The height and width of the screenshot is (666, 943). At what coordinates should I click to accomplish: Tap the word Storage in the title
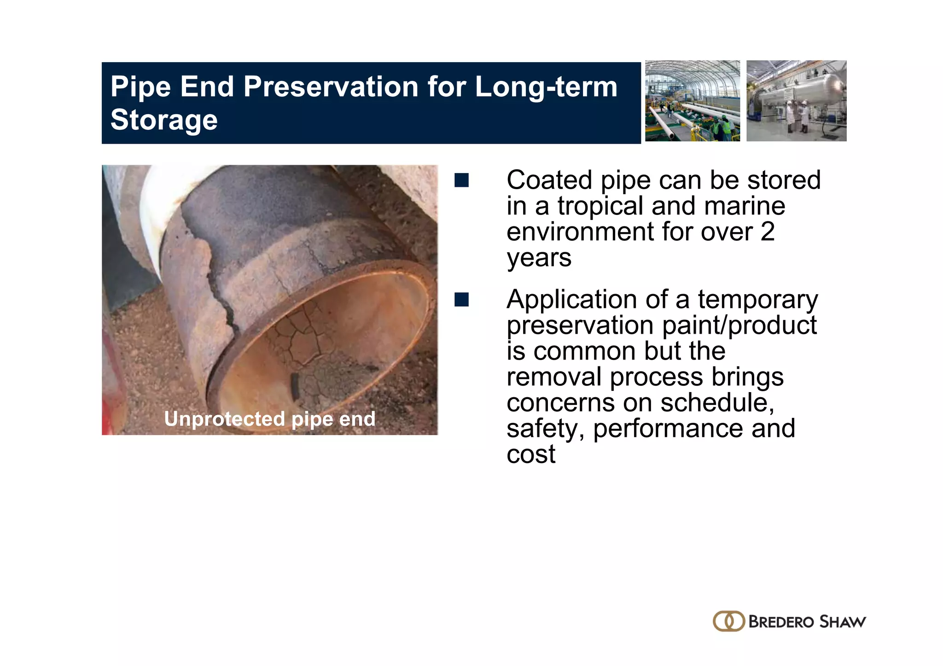[164, 120]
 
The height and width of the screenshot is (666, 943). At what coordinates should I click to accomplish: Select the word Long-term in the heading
[546, 87]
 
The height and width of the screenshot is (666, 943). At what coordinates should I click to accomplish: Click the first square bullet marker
[461, 180]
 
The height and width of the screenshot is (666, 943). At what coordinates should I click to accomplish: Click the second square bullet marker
[461, 300]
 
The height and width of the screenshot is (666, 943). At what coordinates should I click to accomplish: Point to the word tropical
[600, 206]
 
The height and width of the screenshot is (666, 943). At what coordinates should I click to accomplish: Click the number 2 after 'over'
[767, 232]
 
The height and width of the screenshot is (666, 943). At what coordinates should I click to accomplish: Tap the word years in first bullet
[539, 258]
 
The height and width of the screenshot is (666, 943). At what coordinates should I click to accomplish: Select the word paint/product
[739, 325]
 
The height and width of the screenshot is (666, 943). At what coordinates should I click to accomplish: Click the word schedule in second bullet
[716, 403]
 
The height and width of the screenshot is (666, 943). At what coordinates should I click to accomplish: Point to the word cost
[531, 455]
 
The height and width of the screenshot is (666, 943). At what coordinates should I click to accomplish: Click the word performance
[668, 429]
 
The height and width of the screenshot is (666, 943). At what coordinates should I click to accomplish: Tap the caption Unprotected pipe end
[270, 419]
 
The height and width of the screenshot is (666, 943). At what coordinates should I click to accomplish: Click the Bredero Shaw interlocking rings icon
[728, 621]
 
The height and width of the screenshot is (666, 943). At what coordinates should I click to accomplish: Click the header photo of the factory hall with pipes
[692, 101]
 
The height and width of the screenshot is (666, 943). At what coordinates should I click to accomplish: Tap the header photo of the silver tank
[796, 101]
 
